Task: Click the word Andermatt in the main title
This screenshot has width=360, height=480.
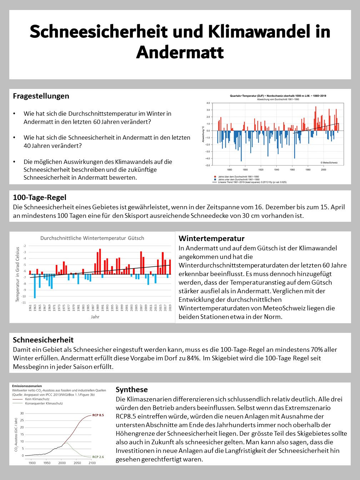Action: pos(180,52)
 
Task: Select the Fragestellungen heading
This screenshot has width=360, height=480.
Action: pos(41,96)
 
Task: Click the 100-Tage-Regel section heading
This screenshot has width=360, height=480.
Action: pos(40,197)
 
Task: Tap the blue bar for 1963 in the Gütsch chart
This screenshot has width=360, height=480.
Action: pos(35,286)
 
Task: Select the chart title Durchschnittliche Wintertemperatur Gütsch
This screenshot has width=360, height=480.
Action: pos(92,238)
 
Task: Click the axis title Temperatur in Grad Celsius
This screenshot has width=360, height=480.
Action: pos(17,274)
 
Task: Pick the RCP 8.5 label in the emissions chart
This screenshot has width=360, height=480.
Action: pos(98,415)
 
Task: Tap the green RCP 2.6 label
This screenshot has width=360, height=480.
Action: pos(98,457)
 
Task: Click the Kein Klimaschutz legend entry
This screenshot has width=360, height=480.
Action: pos(37,399)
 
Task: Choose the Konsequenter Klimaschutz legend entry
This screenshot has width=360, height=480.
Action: pos(44,403)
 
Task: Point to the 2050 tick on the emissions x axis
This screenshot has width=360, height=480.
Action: pos(77,463)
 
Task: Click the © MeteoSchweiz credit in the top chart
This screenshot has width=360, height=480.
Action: pos(329,162)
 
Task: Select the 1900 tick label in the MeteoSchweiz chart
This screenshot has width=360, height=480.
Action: pos(245,170)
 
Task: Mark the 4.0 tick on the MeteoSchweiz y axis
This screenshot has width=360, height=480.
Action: pos(208,103)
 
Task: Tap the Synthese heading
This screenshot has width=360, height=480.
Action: pos(131,390)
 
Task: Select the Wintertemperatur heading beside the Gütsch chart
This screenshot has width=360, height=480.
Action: pos(211,239)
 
